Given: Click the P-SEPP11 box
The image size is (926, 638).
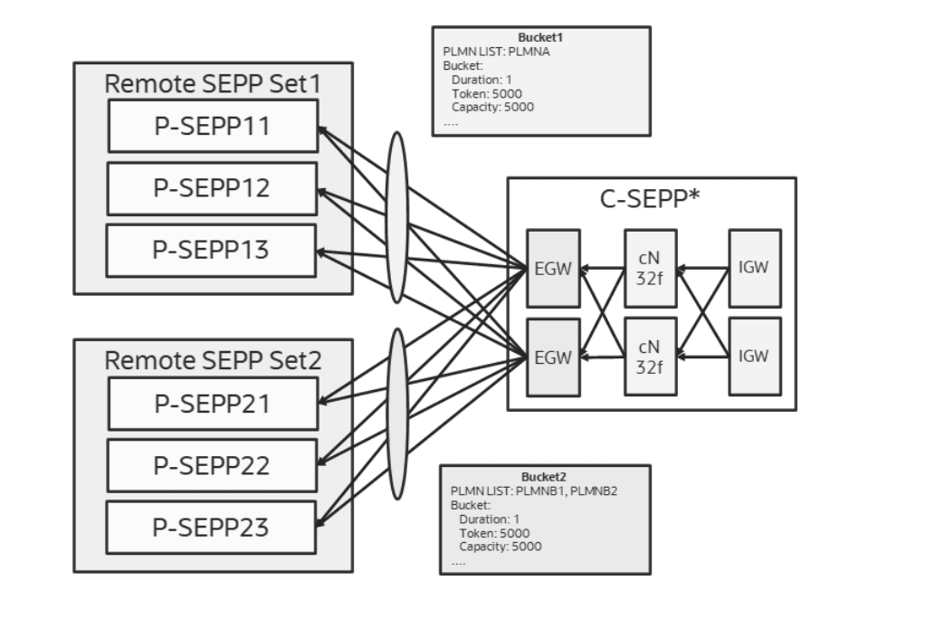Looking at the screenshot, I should tap(213, 126).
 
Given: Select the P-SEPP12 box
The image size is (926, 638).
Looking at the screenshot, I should tap(213, 188).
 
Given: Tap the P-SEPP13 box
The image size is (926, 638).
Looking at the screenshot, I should tap(213, 250).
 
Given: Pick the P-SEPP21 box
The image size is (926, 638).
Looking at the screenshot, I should tap(213, 404).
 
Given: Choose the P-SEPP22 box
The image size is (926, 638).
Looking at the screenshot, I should tap(213, 465).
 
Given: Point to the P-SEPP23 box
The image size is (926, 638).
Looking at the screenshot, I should tap(213, 527).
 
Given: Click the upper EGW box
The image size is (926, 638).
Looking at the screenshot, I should tap(552, 269).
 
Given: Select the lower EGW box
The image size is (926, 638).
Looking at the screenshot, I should tap(552, 357).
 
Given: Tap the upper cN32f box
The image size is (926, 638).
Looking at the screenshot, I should tap(650, 269).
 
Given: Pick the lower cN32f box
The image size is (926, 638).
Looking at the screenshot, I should tap(650, 357).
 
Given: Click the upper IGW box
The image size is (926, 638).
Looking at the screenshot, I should tap(754, 268).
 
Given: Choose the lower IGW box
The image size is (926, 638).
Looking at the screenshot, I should tap(754, 356).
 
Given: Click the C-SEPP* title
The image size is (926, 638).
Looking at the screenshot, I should tap(651, 200).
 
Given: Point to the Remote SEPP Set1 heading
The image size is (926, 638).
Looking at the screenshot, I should tap(213, 83).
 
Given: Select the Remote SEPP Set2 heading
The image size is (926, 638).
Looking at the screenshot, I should tap(213, 359).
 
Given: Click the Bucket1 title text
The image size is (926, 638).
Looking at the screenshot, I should tap(541, 38).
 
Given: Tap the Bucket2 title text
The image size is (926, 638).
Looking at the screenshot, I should tap(545, 477).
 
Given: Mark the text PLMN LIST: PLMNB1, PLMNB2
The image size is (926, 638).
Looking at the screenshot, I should tap(534, 490).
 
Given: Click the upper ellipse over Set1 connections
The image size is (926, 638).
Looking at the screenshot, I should tap(396, 217).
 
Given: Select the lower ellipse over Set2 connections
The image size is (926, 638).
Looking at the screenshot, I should tap(396, 413).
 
